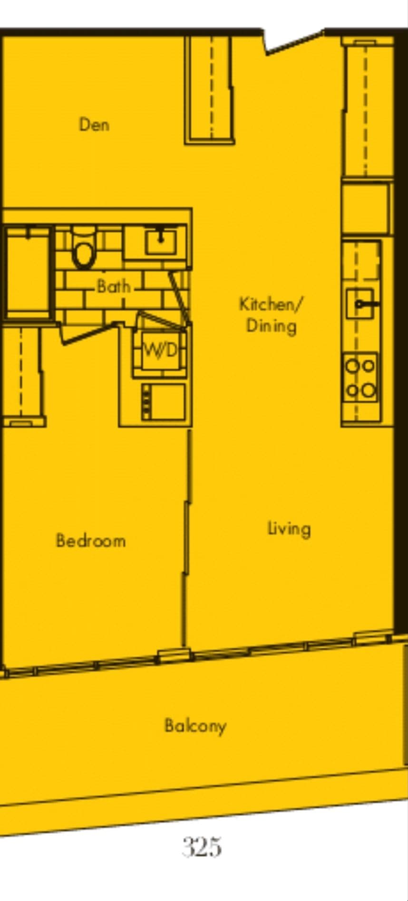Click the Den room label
point(94,124)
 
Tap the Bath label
point(113,286)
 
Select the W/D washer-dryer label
point(160,351)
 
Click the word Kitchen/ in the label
point(270,304)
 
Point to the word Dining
point(271,326)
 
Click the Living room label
point(289,529)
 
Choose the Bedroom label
point(91,541)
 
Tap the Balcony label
point(195,726)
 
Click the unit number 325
point(202,847)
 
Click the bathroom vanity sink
point(161,241)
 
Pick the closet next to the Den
point(210,90)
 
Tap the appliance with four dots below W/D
point(163,402)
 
